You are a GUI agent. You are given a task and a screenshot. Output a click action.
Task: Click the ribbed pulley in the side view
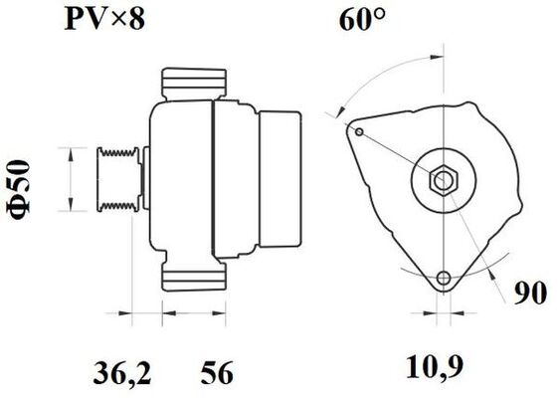click(x=117, y=179)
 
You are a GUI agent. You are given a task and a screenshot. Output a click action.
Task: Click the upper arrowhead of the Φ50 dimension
click(x=69, y=152)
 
